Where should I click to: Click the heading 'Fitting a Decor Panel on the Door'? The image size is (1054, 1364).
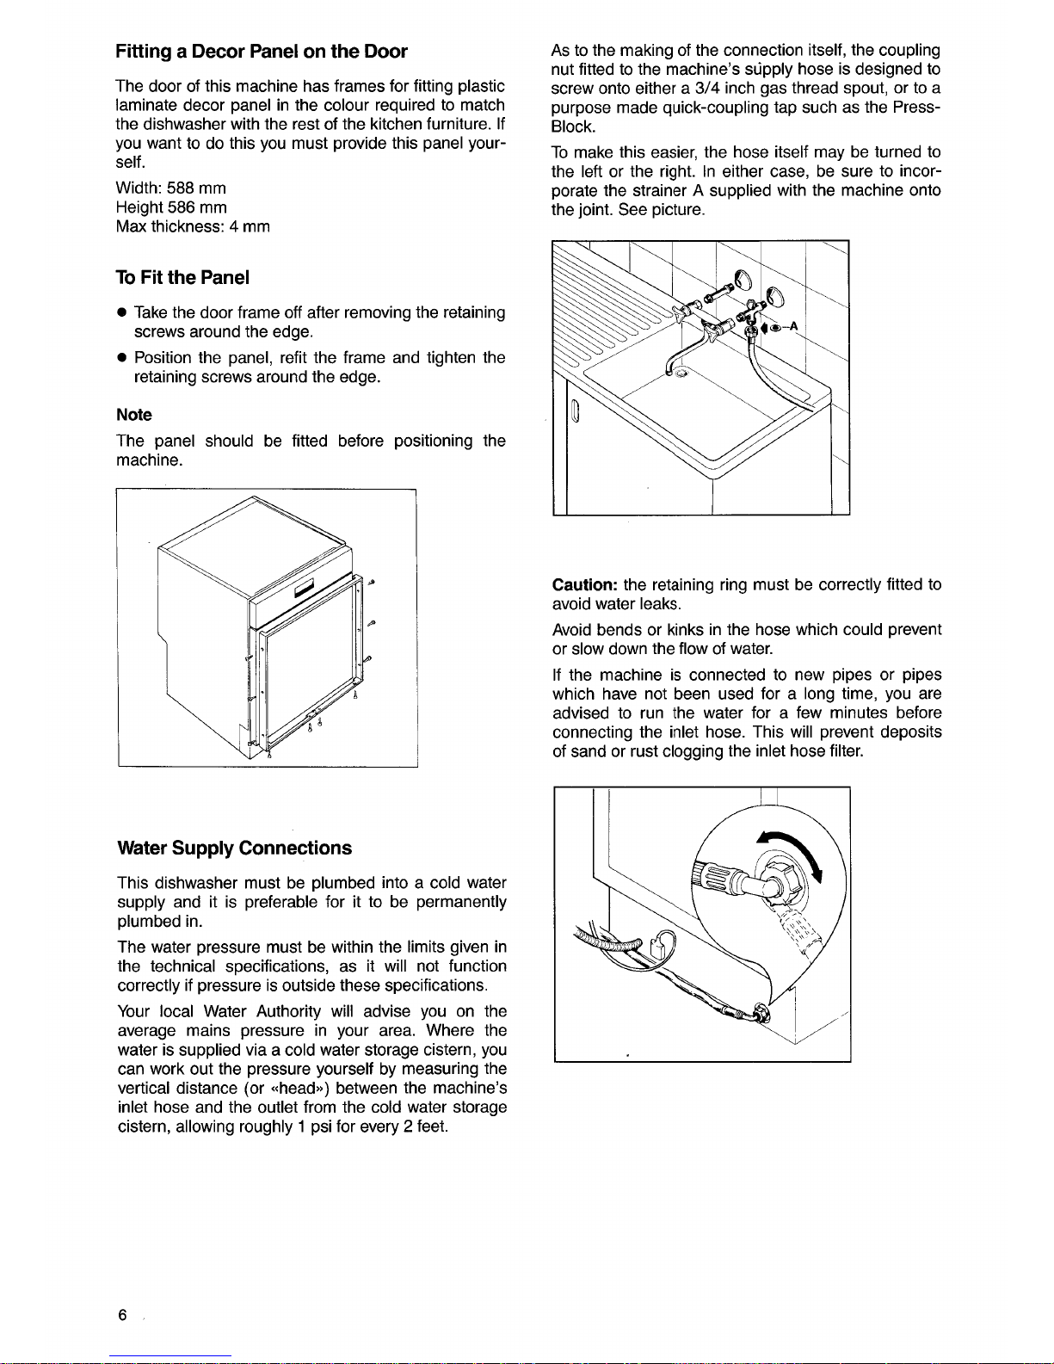pyautogui.click(x=262, y=52)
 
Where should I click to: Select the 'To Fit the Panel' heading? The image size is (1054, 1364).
pyautogui.click(x=182, y=277)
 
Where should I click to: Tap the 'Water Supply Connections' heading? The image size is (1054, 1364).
pyautogui.click(x=234, y=848)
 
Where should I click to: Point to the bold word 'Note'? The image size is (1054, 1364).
pyautogui.click(x=133, y=415)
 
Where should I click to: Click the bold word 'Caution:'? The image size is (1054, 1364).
pyautogui.click(x=585, y=585)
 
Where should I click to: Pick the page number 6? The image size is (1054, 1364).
pyautogui.click(x=123, y=1315)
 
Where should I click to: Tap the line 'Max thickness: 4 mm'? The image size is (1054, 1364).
pyautogui.click(x=193, y=227)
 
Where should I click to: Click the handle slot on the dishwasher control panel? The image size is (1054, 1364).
pyautogui.click(x=306, y=589)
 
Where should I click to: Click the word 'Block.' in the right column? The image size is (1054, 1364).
pyautogui.click(x=572, y=127)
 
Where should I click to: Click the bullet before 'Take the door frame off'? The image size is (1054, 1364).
pyautogui.click(x=122, y=313)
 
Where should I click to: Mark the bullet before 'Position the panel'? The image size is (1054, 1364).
pyautogui.click(x=122, y=358)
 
